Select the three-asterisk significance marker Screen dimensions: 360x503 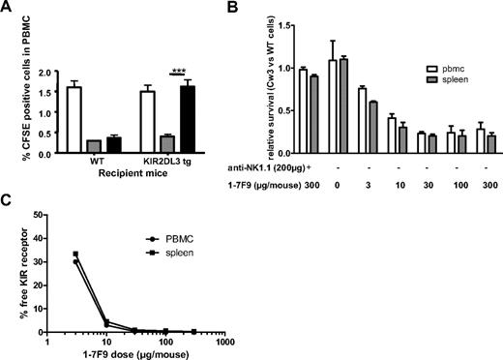(176, 73)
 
